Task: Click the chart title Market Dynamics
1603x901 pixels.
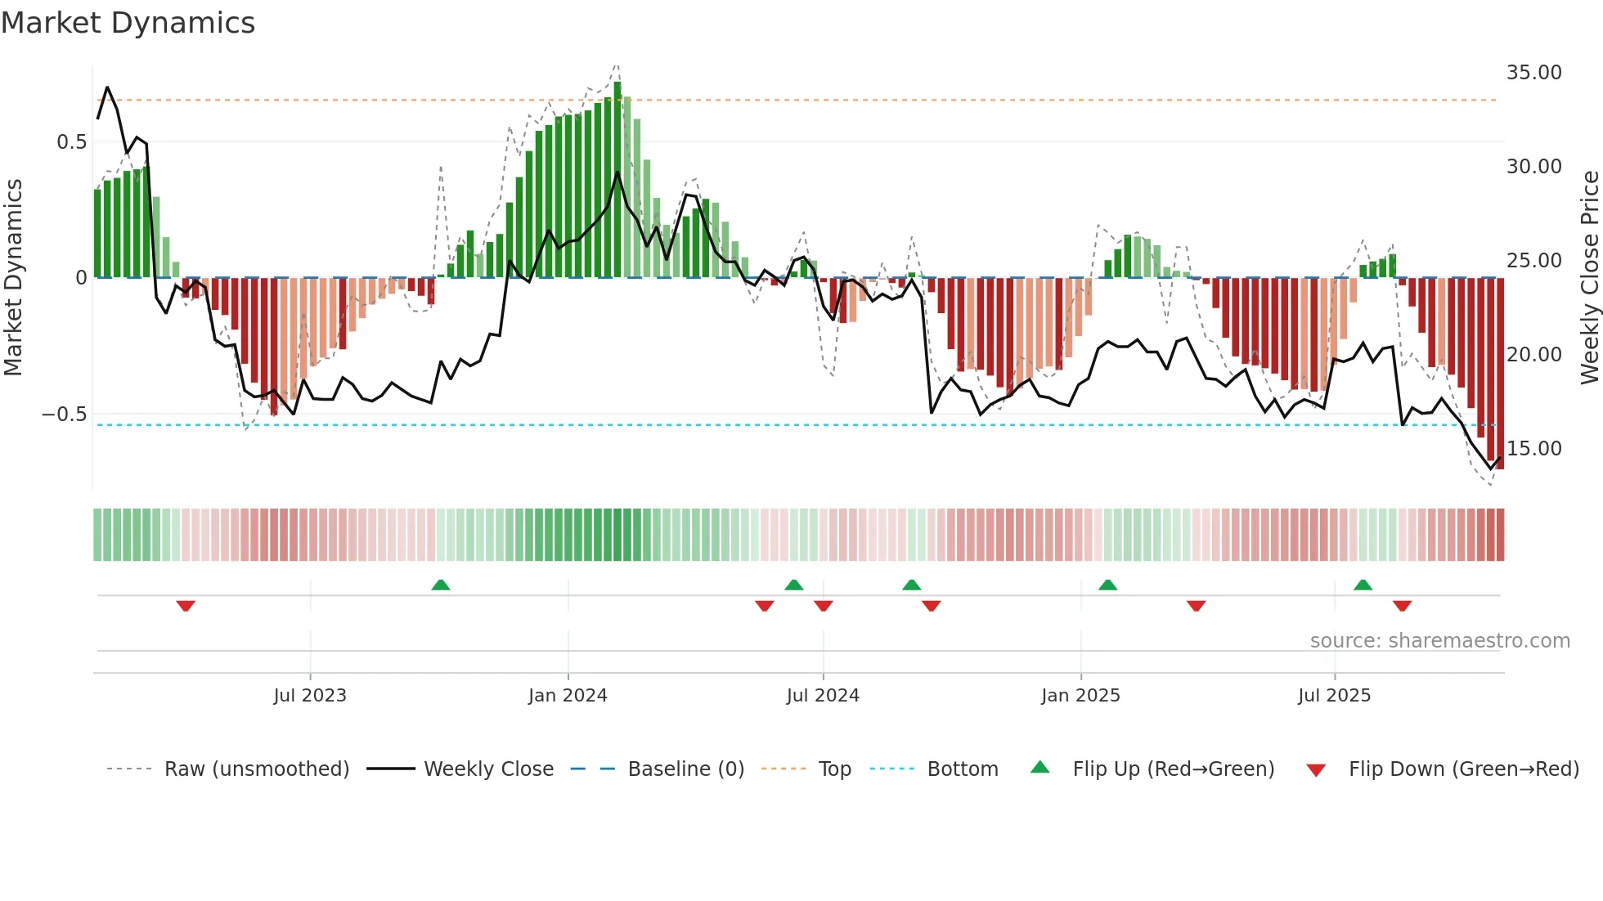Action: [x=128, y=23]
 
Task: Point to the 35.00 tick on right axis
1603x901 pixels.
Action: [x=1533, y=73]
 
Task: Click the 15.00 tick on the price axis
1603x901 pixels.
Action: [x=1533, y=449]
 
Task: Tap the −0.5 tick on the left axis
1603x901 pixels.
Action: [x=64, y=415]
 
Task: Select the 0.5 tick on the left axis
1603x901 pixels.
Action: [x=71, y=142]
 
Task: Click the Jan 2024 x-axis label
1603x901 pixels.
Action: [x=568, y=696]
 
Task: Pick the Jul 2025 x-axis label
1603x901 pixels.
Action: [x=1334, y=696]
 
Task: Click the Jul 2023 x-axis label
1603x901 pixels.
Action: [x=310, y=696]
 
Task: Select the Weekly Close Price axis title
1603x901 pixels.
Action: [x=1589, y=278]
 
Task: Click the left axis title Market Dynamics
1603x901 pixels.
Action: [x=13, y=278]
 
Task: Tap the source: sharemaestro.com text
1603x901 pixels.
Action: [x=1439, y=641]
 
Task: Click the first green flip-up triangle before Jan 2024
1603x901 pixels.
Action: [x=441, y=585]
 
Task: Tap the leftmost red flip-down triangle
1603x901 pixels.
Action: [x=186, y=606]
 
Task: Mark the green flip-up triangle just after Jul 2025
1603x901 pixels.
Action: [x=1363, y=585]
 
